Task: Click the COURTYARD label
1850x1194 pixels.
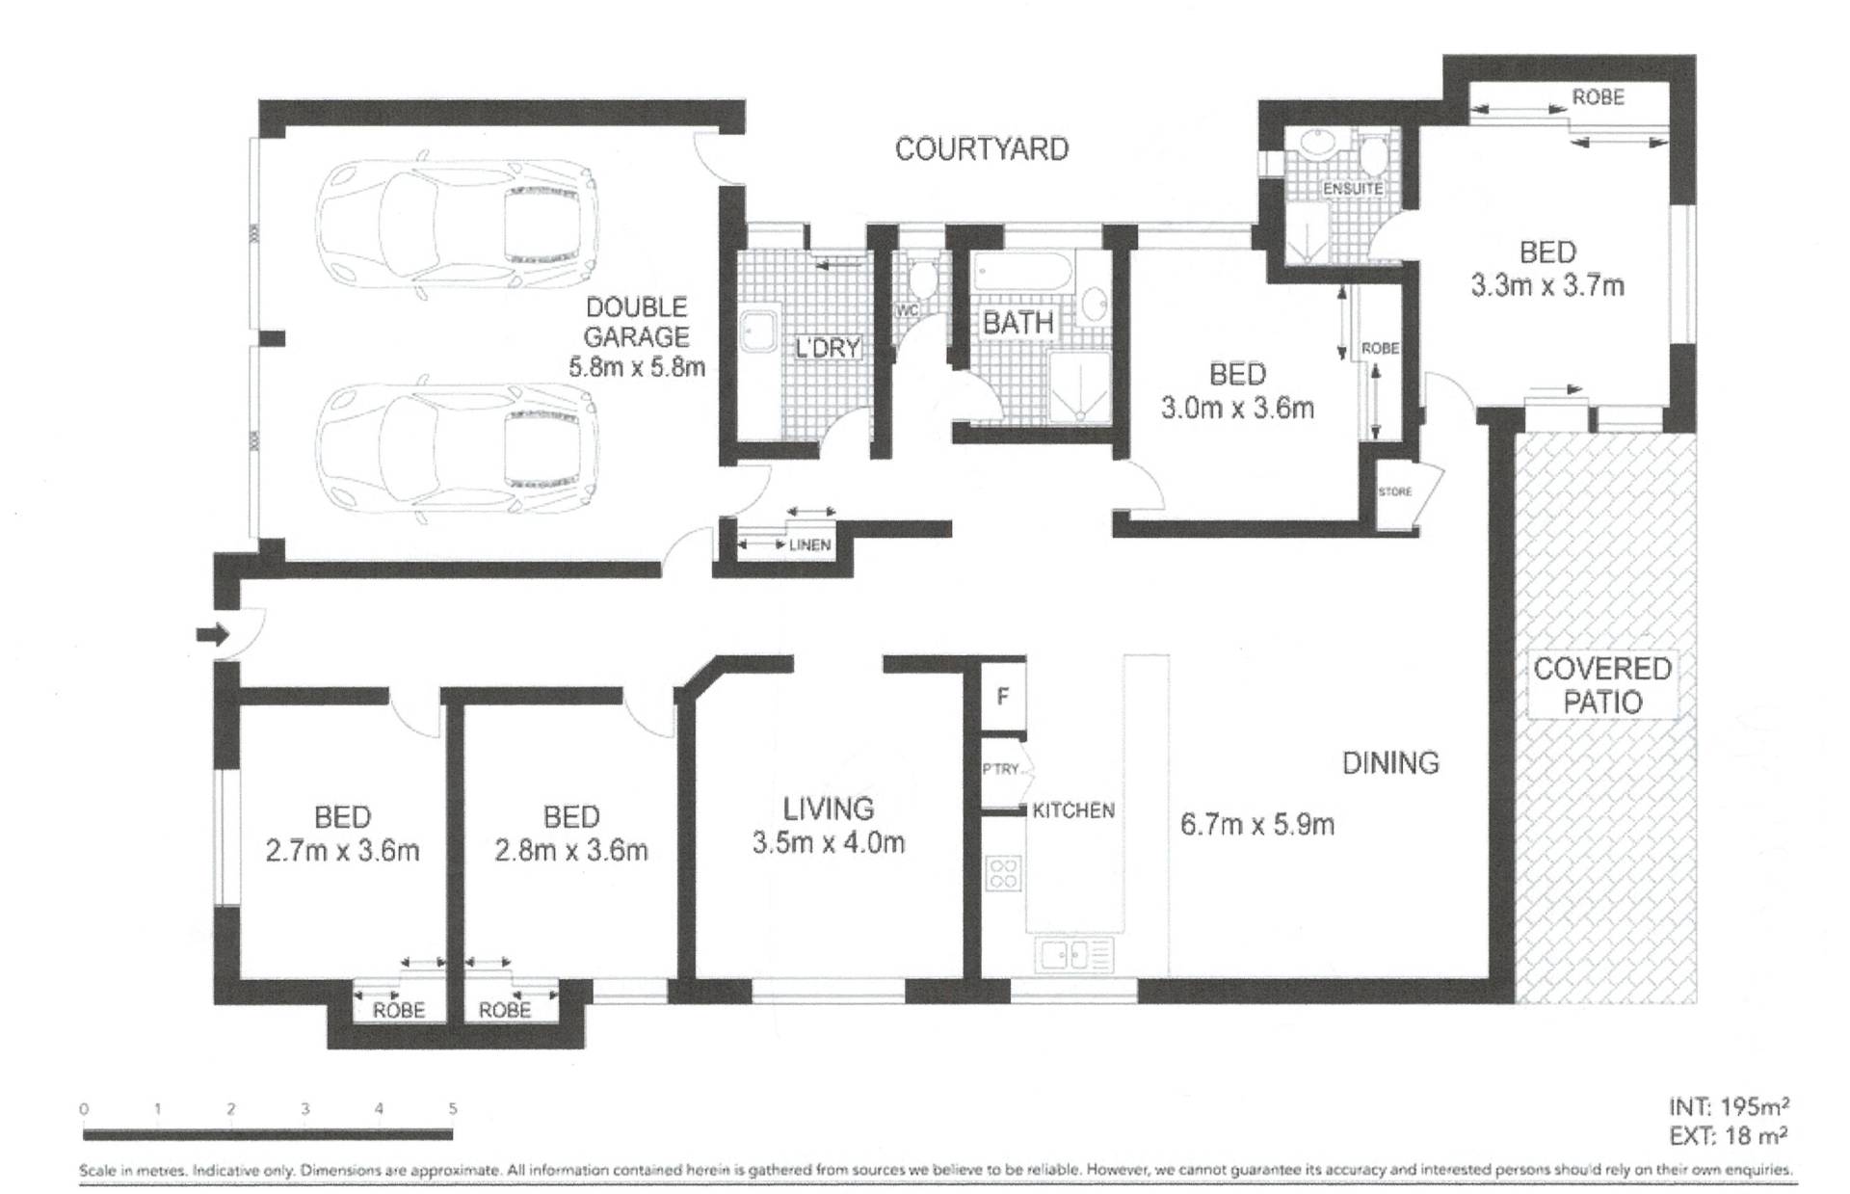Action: [982, 149]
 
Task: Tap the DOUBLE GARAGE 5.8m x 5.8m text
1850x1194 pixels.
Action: [637, 336]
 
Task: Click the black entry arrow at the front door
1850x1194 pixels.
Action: [213, 634]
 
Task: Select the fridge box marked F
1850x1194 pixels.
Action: [1003, 695]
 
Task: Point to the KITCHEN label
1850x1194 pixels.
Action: [1073, 810]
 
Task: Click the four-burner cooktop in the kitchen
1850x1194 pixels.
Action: [1003, 873]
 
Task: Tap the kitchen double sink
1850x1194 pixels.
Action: [1074, 955]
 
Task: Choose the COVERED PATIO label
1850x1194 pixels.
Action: [1602, 685]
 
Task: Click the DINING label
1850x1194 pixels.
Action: [1390, 763]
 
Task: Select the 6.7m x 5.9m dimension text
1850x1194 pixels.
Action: [1257, 825]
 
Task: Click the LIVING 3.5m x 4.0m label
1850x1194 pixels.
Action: [829, 826]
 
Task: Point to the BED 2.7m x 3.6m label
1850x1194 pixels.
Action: [342, 835]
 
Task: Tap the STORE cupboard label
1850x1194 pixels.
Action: [1394, 491]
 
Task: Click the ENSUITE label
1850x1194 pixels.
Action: [1353, 189]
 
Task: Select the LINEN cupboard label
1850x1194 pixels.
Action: [809, 545]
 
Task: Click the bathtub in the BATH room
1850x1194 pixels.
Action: [1021, 275]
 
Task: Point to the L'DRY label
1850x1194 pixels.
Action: [827, 348]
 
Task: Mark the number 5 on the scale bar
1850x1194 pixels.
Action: [453, 1109]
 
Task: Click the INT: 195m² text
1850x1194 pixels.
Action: [1730, 1106]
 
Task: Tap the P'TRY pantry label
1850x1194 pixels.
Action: [1001, 769]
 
